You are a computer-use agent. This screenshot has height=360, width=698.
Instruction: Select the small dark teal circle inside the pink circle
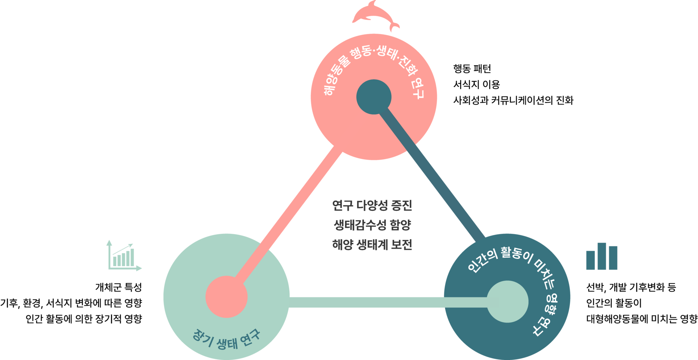[374, 97]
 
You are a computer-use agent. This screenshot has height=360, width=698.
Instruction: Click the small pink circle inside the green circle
[226, 297]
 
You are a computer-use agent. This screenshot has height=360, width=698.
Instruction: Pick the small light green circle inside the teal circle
[508, 301]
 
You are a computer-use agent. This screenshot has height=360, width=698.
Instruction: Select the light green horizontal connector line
[367, 302]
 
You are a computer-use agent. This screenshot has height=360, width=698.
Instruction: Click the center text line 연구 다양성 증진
[372, 205]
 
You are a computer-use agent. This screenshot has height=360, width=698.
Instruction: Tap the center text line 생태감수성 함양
[372, 225]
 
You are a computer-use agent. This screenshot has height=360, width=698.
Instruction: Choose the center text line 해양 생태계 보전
[372, 245]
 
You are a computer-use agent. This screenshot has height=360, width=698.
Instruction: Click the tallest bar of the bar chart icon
[602, 256]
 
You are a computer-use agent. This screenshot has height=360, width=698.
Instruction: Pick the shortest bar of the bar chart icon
[590, 260]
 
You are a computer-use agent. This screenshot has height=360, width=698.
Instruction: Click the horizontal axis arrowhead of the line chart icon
[140, 269]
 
